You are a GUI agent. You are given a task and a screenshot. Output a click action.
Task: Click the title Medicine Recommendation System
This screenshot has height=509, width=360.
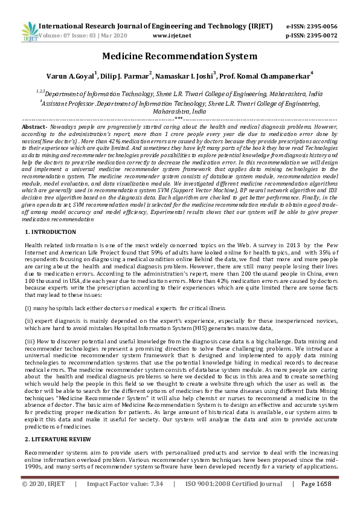coord(179,56)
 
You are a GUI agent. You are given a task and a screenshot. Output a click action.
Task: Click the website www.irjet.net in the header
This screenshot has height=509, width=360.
coord(172,35)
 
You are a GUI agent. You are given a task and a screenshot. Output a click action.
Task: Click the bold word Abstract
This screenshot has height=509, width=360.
coord(33,128)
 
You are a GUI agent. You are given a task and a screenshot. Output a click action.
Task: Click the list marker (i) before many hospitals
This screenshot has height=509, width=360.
coord(28,308)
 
